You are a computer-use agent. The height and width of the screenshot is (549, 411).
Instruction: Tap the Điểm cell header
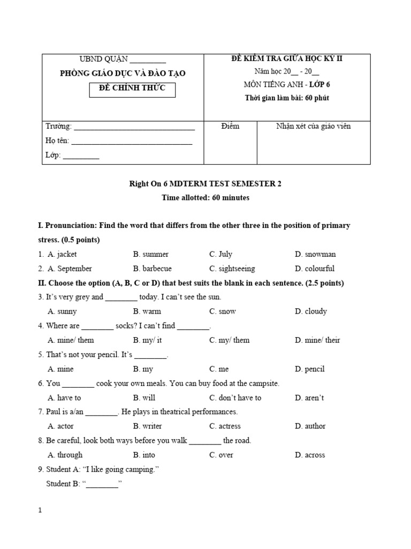coord(230,127)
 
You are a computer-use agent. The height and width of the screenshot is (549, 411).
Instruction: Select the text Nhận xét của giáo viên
coord(313,127)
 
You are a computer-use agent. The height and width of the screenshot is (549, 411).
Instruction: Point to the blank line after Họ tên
coord(132,143)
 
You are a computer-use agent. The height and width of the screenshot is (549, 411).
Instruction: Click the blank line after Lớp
coord(81,157)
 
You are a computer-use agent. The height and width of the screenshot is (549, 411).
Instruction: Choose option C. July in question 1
coord(221,254)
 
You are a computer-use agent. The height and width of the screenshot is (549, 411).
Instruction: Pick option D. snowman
coord(315,254)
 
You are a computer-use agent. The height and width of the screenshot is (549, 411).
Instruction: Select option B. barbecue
coord(153,269)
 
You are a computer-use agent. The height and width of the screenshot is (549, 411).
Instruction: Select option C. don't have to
coord(235,398)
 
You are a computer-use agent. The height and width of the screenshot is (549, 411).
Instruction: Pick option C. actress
coord(225,426)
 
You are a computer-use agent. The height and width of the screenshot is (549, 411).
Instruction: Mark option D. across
coord(310,455)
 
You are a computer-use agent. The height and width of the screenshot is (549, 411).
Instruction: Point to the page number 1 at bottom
coord(40,510)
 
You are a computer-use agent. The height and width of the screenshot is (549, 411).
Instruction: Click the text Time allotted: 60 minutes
coord(205,198)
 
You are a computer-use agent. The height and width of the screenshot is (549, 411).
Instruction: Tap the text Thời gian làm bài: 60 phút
coord(291,98)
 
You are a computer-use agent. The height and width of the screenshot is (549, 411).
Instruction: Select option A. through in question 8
coord(65,455)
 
